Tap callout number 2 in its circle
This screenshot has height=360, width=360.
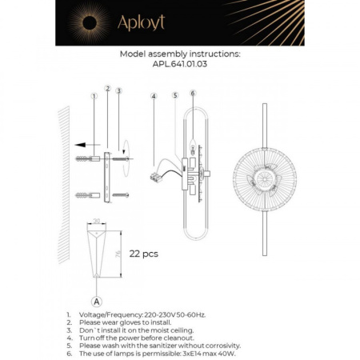(107, 88)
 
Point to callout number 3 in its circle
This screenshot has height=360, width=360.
(118, 91)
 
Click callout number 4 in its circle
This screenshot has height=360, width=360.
(153, 96)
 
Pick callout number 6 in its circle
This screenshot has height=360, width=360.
(193, 93)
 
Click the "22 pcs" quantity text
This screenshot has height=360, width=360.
(144, 254)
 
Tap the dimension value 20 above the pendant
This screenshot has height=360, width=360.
(97, 222)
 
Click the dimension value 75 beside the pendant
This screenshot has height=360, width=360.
(118, 253)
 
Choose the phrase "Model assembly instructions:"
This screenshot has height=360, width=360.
(179, 55)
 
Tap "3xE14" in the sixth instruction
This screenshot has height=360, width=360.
(183, 353)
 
